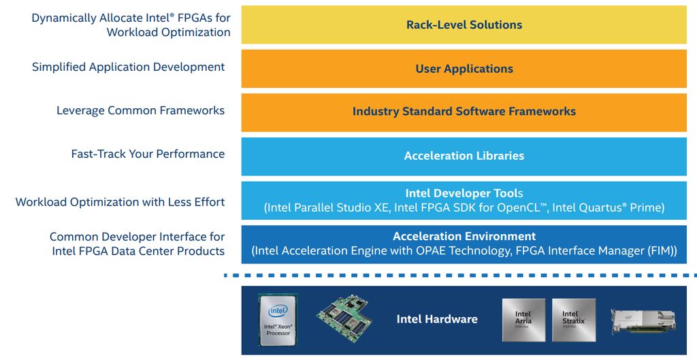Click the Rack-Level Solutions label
[x=464, y=25]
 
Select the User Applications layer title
[x=464, y=69]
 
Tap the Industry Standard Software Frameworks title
[x=464, y=112]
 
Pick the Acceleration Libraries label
[x=464, y=156]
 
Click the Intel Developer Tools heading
[x=464, y=193]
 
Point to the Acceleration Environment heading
[x=464, y=236]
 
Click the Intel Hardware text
[x=437, y=319]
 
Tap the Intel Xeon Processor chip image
[x=278, y=320]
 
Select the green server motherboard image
[x=345, y=317]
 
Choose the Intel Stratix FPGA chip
[x=574, y=320]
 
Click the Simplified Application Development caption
[x=128, y=67]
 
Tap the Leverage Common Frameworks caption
[x=140, y=110]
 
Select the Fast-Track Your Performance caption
[x=148, y=154]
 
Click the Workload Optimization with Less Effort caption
[x=120, y=201]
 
